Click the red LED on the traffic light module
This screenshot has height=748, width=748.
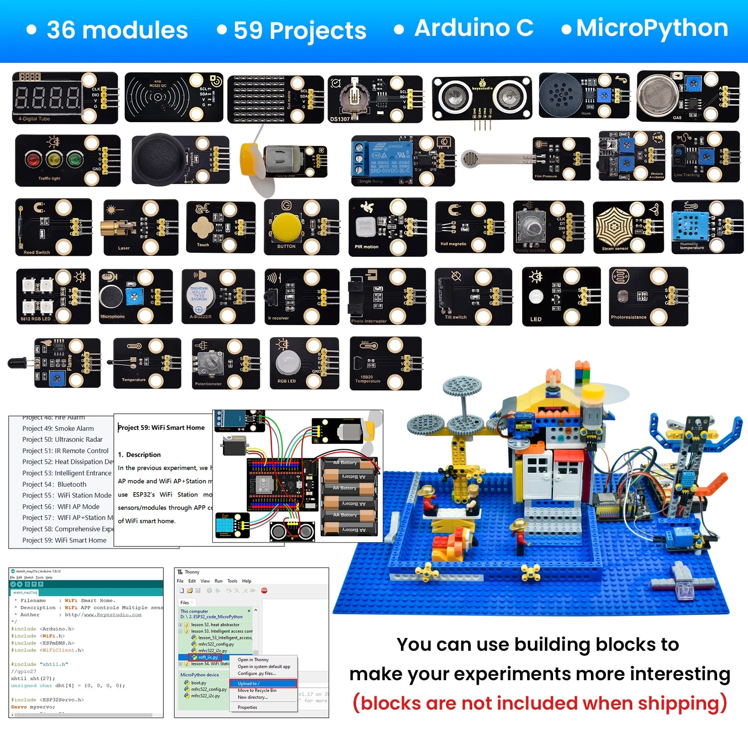(x=33, y=160)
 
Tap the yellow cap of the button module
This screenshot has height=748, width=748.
(x=286, y=227)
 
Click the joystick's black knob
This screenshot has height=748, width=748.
(x=159, y=159)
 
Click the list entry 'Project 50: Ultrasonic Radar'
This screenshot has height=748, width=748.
(x=62, y=439)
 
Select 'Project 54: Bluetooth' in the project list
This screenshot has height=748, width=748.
(x=54, y=484)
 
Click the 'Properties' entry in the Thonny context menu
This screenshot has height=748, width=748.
(x=247, y=707)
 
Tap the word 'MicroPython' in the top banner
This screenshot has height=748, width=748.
(x=652, y=28)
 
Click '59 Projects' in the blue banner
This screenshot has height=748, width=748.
(x=300, y=30)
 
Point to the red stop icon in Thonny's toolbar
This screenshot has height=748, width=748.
(x=264, y=590)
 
